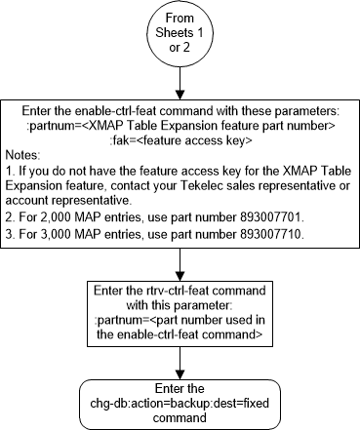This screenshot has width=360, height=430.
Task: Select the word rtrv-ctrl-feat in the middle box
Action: [182, 291]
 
